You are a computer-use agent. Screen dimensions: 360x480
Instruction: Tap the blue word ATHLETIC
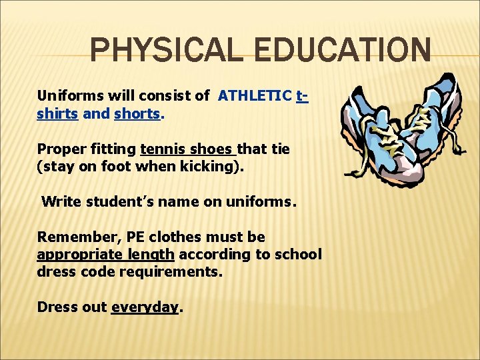pos(255,95)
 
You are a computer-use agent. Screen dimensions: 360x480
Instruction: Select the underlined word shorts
pos(137,113)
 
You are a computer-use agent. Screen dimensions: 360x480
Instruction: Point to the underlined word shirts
pos(58,113)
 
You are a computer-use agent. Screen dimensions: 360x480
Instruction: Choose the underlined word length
pos(153,255)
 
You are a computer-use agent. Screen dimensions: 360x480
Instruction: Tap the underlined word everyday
pos(145,307)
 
